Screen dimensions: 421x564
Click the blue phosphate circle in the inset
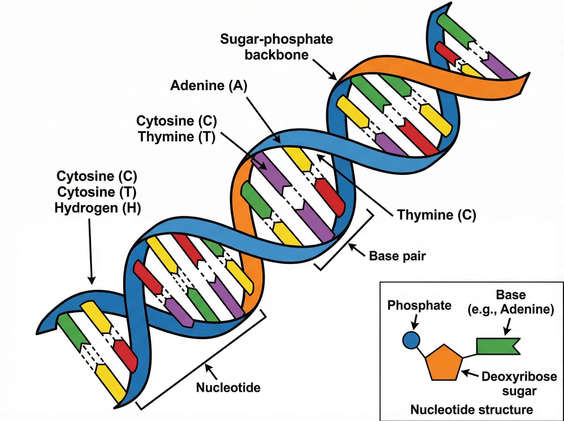[411, 340]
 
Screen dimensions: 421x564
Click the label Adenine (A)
[209, 85]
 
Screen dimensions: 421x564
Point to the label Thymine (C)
[437, 214]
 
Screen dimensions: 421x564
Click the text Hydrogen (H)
[98, 208]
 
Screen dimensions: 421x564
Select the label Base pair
[397, 256]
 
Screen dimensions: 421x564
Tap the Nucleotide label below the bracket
[228, 388]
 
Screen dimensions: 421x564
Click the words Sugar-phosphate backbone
[277, 47]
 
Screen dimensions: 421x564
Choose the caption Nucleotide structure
[471, 409]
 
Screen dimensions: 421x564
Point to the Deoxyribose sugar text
[519, 384]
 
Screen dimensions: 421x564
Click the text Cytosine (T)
[97, 192]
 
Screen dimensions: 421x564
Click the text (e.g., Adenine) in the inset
[511, 310]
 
